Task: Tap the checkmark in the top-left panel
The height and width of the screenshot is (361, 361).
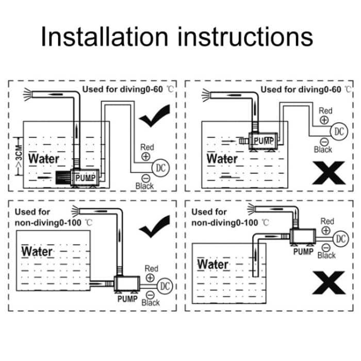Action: pyautogui.click(x=154, y=117)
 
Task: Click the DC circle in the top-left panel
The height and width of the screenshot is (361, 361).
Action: pyautogui.click(x=160, y=167)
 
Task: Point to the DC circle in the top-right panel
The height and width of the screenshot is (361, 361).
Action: pyautogui.click(x=338, y=130)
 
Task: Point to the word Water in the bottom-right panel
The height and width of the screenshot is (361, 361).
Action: pyautogui.click(x=213, y=265)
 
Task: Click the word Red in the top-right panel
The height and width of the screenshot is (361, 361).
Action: pyautogui.click(x=325, y=110)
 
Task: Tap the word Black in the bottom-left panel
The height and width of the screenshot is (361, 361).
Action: pyautogui.click(x=151, y=303)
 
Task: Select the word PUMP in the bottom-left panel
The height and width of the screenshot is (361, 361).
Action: pyautogui.click(x=126, y=299)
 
